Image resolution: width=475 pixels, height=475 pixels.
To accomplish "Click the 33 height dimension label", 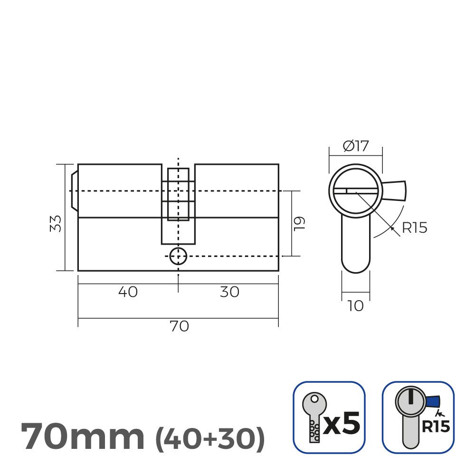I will (56, 223).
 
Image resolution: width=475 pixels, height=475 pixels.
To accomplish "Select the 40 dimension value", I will (127, 292).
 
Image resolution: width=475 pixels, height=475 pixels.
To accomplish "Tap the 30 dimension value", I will (229, 292).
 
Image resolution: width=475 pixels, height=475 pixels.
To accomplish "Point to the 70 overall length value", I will (179, 326).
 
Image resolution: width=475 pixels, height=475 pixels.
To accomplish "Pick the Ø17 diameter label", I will (355, 146).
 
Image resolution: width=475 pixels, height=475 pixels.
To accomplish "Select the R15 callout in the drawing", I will (414, 228).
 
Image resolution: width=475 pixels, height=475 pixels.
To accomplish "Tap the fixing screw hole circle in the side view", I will (178, 256).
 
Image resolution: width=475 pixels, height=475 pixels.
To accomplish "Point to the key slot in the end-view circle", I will (356, 191).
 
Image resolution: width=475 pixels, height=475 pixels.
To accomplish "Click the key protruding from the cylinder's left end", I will (74, 190).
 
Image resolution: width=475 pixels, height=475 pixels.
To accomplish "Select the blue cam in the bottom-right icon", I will (433, 402).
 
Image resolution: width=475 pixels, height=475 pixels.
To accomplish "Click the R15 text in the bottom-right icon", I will (435, 426).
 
